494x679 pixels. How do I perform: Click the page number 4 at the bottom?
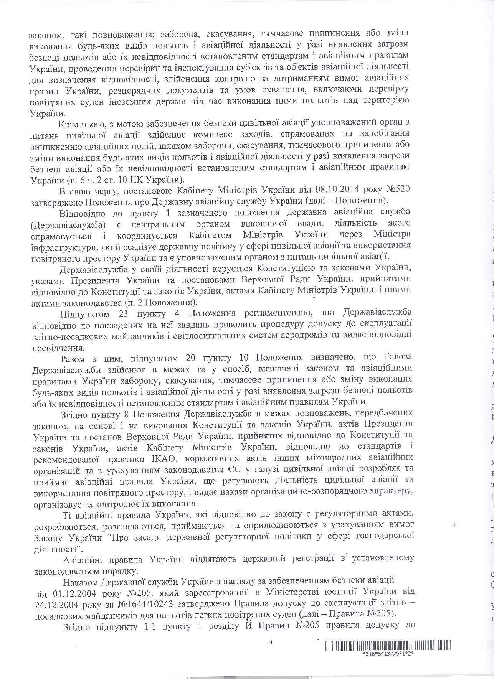pos(271,644)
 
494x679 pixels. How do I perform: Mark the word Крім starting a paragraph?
pos(68,124)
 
